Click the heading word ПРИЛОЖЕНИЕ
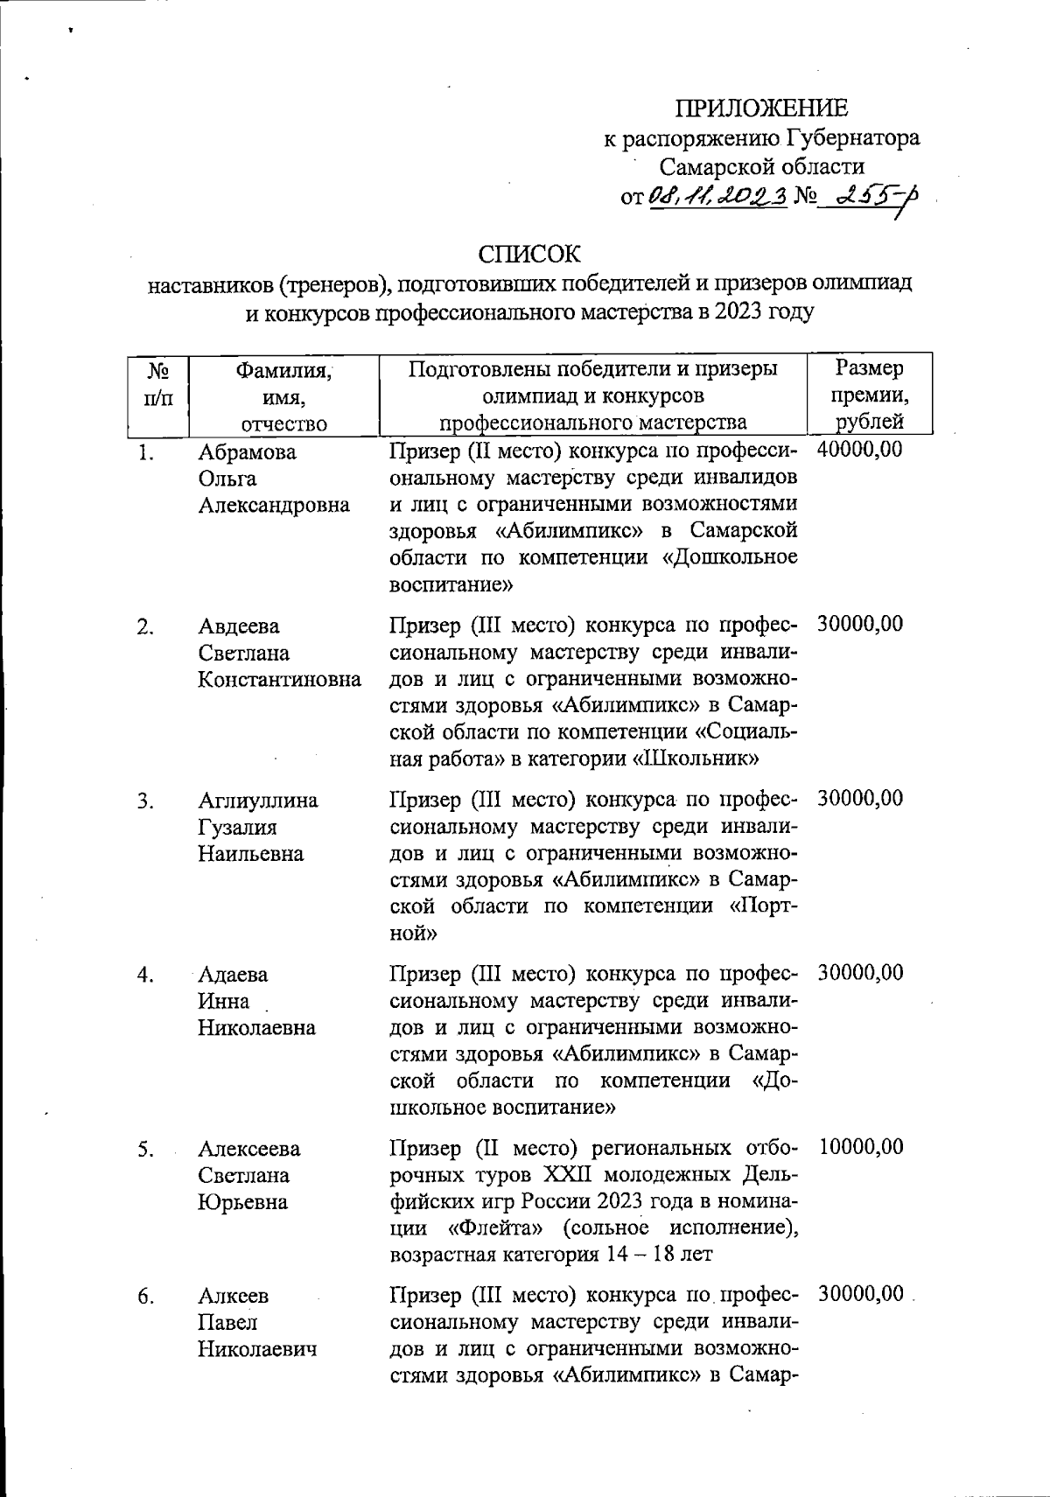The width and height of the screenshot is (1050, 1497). [761, 108]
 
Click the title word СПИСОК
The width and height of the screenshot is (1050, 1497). [528, 254]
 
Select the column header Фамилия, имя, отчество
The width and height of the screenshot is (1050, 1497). [284, 396]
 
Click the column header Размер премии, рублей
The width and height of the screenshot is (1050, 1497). [869, 395]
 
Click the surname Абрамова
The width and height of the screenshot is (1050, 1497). [247, 452]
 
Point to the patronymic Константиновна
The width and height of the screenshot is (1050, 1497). [279, 680]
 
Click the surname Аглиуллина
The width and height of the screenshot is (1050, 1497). [258, 801]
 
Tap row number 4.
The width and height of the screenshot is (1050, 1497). [146, 975]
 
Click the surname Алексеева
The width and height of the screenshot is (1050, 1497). [248, 1148]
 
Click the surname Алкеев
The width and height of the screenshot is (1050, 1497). [234, 1296]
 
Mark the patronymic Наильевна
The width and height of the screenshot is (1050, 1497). [250, 854]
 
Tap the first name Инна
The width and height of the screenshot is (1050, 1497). [223, 1001]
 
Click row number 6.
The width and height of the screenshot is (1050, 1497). [146, 1297]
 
